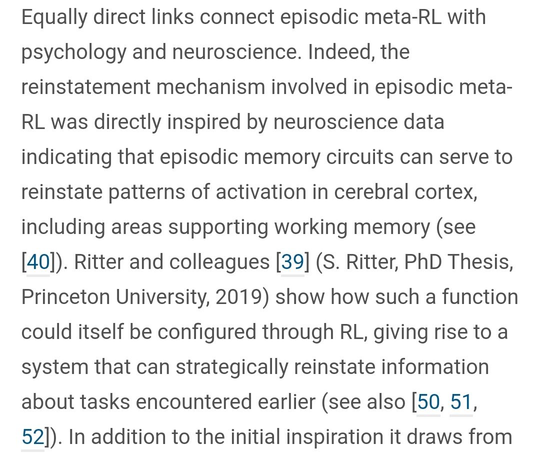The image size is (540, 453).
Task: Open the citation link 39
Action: tap(293, 262)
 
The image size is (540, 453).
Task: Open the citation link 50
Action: tap(428, 402)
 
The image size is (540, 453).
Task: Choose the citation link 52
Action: tap(33, 437)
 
